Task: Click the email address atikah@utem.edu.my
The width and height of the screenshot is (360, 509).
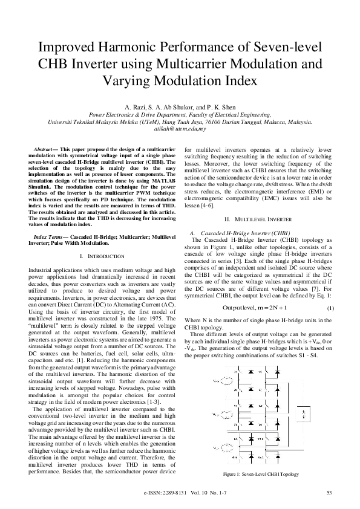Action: coord(180,129)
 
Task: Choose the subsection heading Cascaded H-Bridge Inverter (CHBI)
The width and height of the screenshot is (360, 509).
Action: coord(240,233)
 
